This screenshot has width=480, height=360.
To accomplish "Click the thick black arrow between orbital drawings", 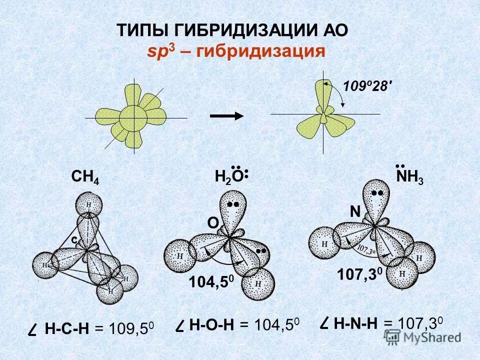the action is pyautogui.click(x=226, y=115).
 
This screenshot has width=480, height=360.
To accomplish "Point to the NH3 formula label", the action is pyautogui.click(x=409, y=177).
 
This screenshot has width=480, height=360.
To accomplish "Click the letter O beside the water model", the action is pyautogui.click(x=212, y=224).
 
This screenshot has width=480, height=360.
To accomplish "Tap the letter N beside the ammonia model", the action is pyautogui.click(x=354, y=212).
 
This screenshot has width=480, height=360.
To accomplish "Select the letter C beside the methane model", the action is pyautogui.click(x=73, y=240).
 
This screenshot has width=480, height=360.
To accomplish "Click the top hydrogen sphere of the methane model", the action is pyautogui.click(x=88, y=205).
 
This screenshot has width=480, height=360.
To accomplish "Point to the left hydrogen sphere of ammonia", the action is pyautogui.click(x=325, y=244).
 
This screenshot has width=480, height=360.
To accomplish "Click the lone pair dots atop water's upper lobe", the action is pyautogui.click(x=233, y=204).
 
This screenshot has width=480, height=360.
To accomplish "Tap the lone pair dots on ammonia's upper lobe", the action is pyautogui.click(x=378, y=192).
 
